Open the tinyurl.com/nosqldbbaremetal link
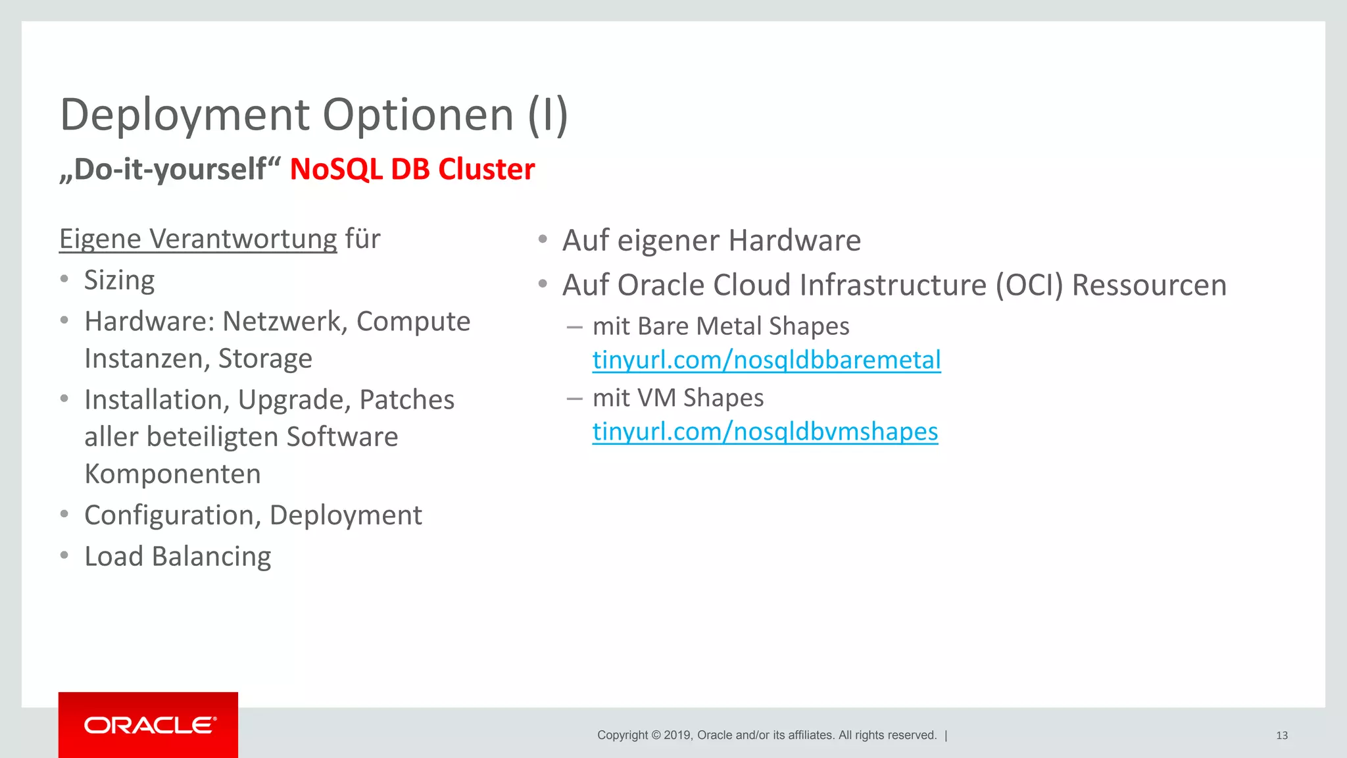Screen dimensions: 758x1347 [x=766, y=360]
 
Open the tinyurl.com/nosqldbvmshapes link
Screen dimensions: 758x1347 [x=765, y=432]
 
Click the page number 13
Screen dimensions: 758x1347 [x=1281, y=736]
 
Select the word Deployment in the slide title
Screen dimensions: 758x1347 [x=185, y=115]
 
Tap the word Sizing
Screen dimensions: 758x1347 [x=120, y=280]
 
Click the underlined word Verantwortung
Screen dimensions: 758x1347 [x=243, y=239]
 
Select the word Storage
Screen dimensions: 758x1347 [x=265, y=359]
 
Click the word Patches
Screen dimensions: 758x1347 [x=406, y=400]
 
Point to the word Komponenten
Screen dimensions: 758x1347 [x=173, y=474]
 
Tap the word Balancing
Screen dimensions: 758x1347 [x=211, y=557]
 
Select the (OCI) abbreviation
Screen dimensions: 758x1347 [x=1029, y=286]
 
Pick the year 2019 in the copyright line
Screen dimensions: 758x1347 [x=677, y=736]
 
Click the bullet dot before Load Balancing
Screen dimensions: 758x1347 [x=64, y=556]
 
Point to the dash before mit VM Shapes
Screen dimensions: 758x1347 [x=574, y=398]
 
